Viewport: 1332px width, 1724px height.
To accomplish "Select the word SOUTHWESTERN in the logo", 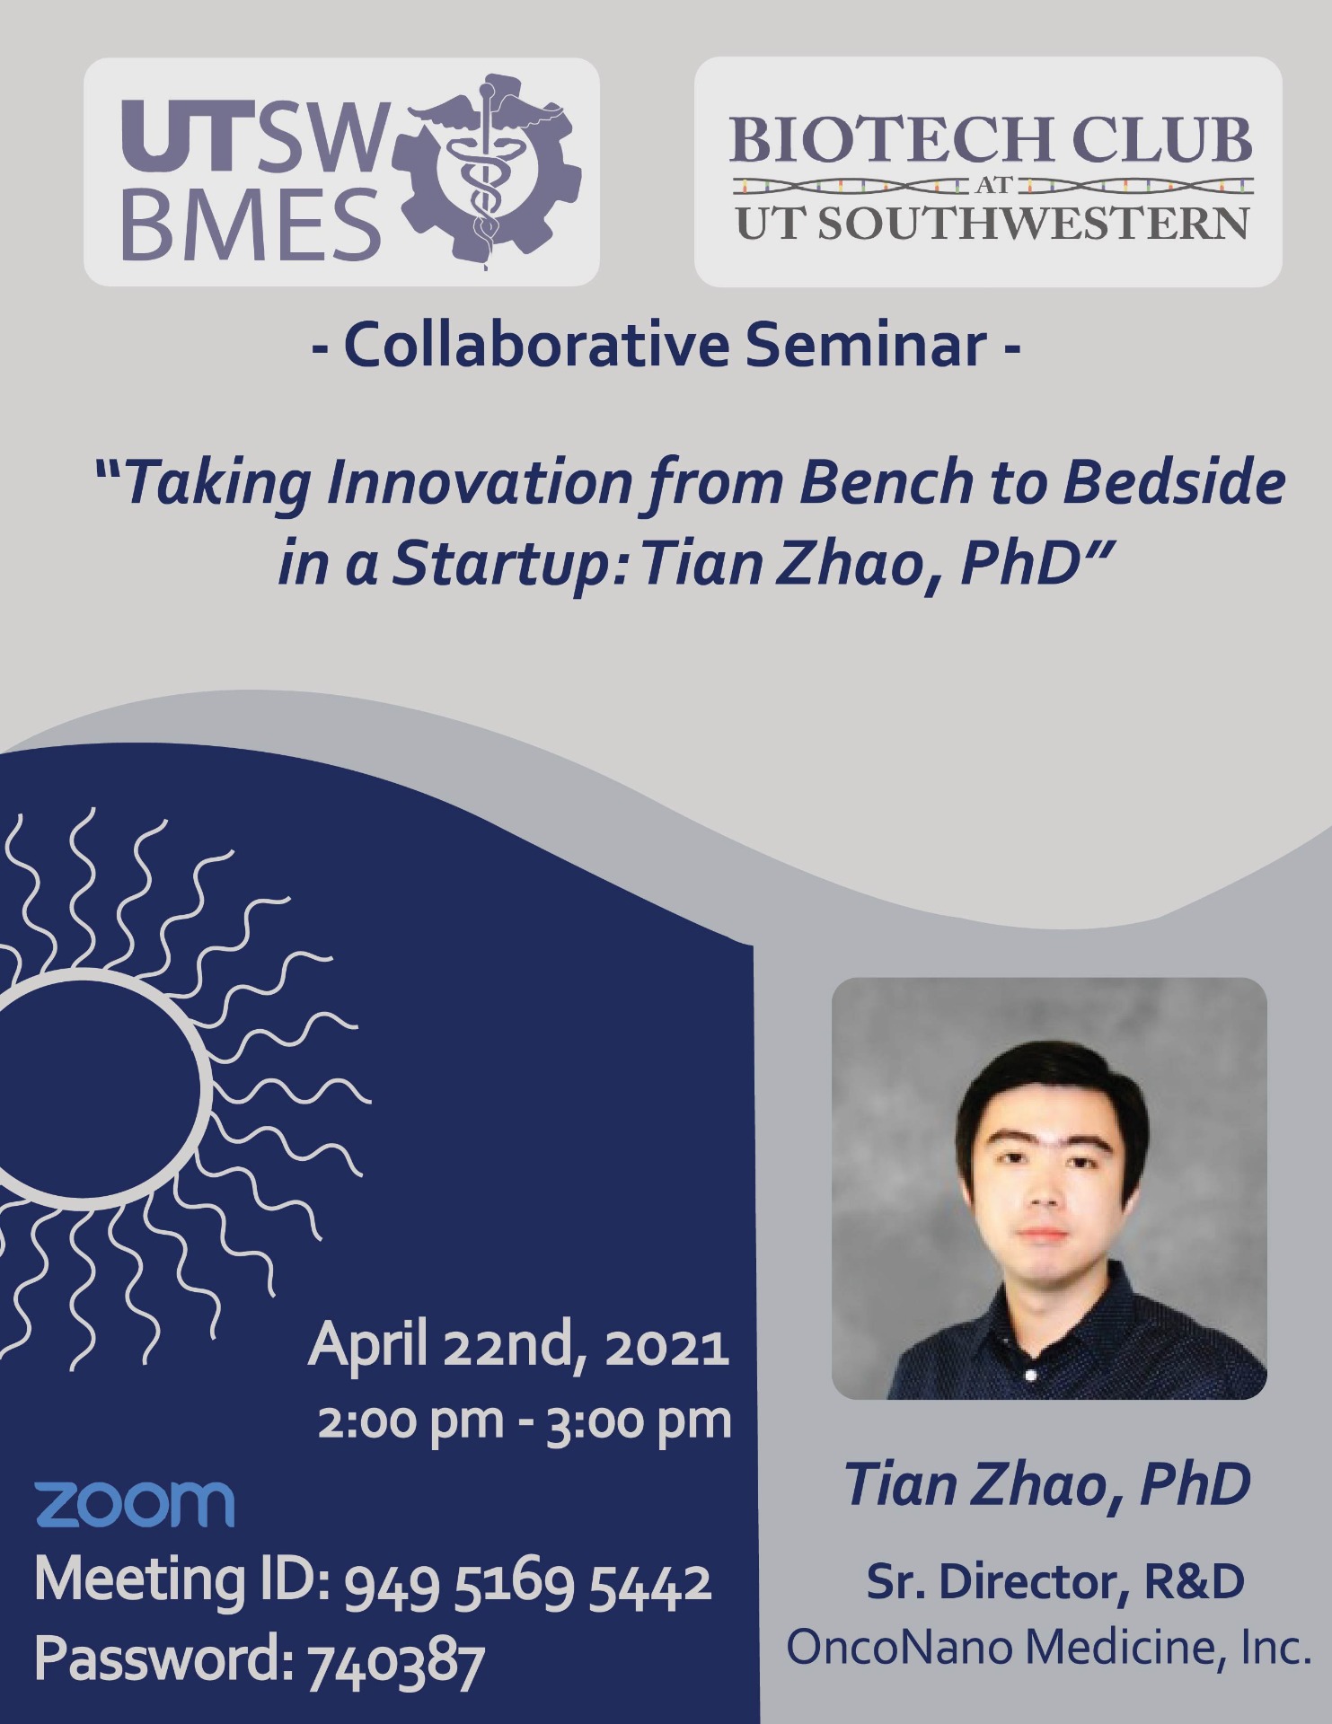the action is pyautogui.click(x=1032, y=223).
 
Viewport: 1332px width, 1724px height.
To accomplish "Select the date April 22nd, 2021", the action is pyautogui.click(x=518, y=1347).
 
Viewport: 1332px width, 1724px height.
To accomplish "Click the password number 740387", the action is pyautogui.click(x=396, y=1659).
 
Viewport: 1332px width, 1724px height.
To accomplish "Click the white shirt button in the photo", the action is pyautogui.click(x=1029, y=1374).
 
